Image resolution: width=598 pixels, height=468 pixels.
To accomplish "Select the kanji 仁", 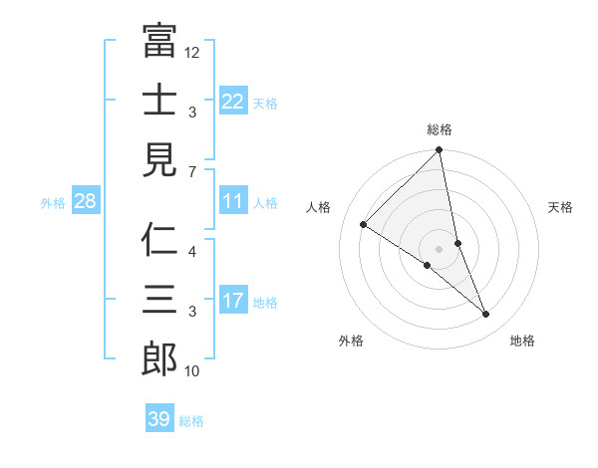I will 159,240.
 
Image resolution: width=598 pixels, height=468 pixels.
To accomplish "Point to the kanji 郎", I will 159,359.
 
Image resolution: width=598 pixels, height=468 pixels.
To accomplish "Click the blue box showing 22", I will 232,102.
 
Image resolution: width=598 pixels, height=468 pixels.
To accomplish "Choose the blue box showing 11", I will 232,202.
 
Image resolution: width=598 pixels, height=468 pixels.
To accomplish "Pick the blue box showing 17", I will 232,301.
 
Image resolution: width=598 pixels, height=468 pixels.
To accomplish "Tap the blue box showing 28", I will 85,202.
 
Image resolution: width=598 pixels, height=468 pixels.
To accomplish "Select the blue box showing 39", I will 158,419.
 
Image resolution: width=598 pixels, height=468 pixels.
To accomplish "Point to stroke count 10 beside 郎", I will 192,372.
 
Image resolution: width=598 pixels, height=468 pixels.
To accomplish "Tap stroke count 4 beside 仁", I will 192,251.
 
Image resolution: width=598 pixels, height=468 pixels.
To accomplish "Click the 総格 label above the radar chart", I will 440,129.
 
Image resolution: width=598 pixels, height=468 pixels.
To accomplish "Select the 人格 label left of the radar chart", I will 319,207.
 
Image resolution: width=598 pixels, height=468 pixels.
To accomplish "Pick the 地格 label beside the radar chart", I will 522,341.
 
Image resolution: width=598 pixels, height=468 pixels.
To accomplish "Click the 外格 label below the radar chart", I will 351,341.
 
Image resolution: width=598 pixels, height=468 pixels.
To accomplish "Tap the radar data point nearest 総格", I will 440,151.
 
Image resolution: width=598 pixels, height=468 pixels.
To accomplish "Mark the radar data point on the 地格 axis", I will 486,314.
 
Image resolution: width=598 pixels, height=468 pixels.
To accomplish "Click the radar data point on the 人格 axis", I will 364,224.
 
